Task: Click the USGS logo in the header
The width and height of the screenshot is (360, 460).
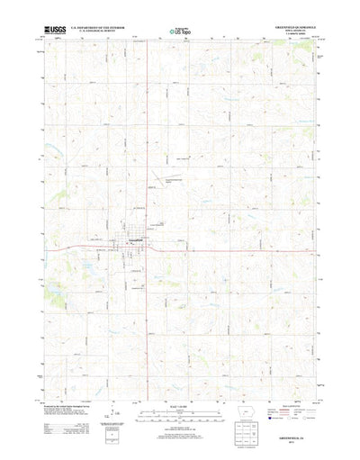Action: tap(55, 32)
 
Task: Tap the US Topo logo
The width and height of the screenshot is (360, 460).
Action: tap(179, 34)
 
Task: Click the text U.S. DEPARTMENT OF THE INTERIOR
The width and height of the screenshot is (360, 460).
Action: tap(103, 29)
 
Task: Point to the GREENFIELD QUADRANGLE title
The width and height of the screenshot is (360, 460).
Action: tap(289, 29)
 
